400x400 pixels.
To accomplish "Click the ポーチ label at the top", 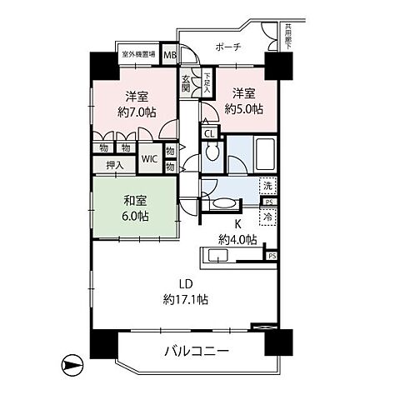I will click(x=227, y=47).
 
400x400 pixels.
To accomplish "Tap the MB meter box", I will click(x=169, y=57).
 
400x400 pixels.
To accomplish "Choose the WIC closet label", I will click(x=149, y=158).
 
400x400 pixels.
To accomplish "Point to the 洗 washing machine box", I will click(x=267, y=186).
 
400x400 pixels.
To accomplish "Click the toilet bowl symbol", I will click(x=212, y=156).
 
